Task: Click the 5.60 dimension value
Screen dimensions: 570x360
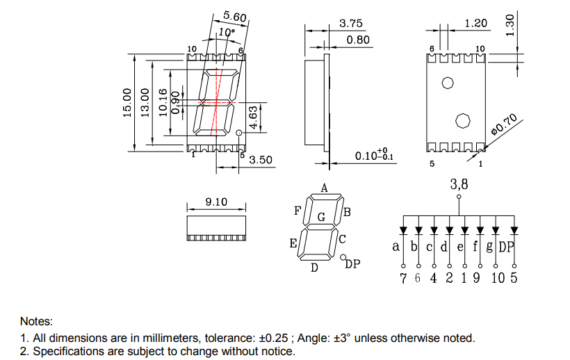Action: [235, 17]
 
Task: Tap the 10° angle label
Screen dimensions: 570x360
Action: [227, 33]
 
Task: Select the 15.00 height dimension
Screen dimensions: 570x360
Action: [127, 103]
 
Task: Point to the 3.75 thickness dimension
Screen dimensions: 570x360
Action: [351, 23]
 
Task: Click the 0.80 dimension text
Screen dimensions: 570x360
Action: [358, 40]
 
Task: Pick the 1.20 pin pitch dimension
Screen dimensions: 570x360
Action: [476, 23]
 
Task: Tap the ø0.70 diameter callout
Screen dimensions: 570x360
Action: [504, 124]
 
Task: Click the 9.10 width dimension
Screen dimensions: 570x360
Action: [216, 202]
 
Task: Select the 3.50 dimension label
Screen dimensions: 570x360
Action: [261, 160]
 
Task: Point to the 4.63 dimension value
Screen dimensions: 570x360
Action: [254, 117]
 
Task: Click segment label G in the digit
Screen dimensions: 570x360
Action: [321, 217]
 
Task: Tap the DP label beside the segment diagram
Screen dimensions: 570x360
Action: [352, 263]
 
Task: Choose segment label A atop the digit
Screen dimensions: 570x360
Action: [324, 188]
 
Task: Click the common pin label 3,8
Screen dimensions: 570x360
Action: [459, 184]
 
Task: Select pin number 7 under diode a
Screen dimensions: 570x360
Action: [403, 278]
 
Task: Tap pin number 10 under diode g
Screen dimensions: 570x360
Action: [498, 278]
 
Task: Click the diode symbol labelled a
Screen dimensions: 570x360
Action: [403, 230]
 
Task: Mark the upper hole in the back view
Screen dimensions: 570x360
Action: [448, 83]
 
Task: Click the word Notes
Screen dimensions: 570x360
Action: [36, 321]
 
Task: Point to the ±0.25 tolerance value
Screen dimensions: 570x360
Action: [273, 338]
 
